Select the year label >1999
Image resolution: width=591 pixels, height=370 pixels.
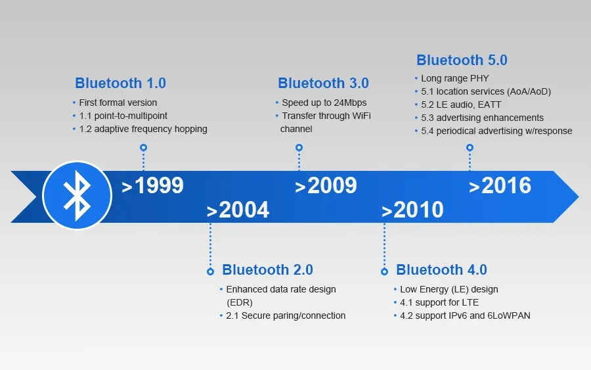(152, 186)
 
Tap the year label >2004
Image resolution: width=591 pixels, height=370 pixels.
(238, 210)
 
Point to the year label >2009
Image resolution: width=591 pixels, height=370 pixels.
(326, 186)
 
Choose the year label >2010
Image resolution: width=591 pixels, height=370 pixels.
(412, 210)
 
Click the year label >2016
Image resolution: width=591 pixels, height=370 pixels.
(500, 186)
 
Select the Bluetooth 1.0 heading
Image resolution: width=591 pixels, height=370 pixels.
(120, 83)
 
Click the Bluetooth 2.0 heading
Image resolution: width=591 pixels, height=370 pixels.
(267, 270)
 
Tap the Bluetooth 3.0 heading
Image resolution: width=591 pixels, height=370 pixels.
(323, 83)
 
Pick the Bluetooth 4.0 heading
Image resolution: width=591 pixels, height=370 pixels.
(441, 270)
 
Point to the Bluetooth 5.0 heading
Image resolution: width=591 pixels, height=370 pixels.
(462, 60)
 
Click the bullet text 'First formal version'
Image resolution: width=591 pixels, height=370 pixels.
(118, 103)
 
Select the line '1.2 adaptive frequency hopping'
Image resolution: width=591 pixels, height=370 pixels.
(142, 129)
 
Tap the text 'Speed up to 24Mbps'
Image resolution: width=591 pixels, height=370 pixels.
(324, 103)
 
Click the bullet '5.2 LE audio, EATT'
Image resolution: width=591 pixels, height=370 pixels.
(460, 104)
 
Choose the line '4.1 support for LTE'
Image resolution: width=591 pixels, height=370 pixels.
(439, 302)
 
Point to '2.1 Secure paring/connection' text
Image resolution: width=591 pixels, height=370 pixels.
(285, 315)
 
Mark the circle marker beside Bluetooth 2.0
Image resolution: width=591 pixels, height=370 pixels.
(210, 271)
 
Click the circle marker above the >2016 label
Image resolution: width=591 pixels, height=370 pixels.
(470, 148)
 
